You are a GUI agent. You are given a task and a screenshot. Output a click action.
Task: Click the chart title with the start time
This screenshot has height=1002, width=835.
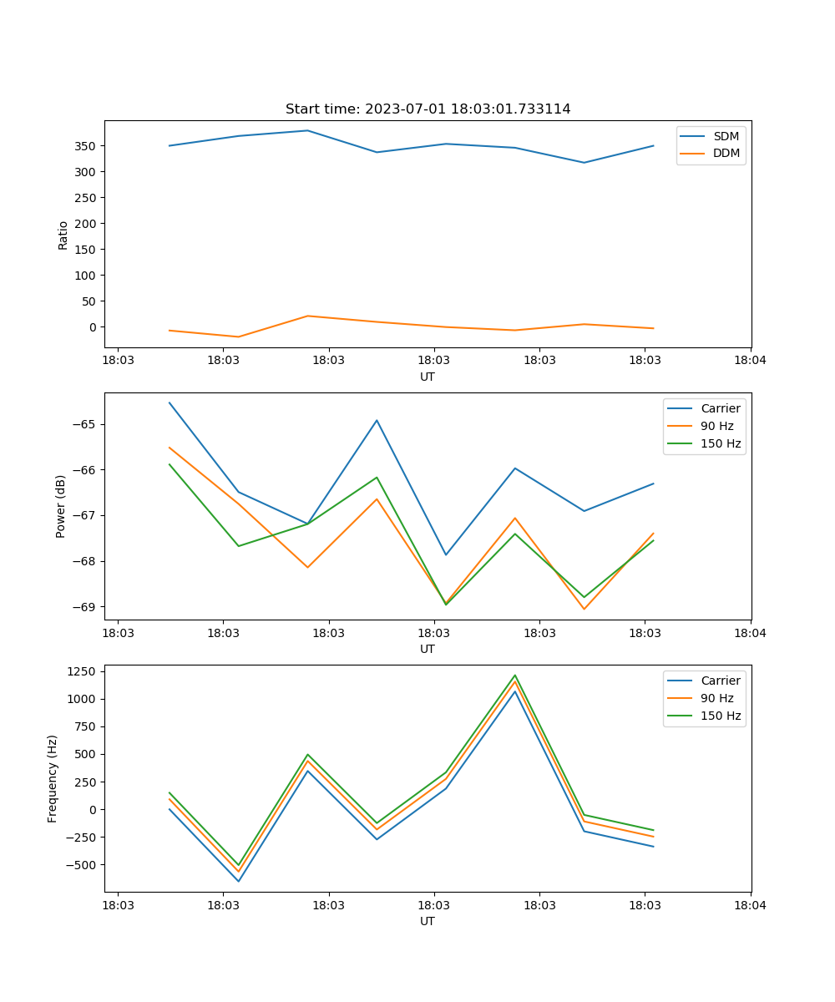coord(428,109)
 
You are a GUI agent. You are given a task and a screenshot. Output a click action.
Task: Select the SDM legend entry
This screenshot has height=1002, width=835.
coord(726,136)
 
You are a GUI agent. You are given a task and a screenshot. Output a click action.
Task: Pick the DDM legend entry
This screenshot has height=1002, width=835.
coord(726,154)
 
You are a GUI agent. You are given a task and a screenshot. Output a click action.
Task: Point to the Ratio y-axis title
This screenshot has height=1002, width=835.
coord(63,235)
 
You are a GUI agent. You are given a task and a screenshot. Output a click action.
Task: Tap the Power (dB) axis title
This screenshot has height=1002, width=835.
coord(61,506)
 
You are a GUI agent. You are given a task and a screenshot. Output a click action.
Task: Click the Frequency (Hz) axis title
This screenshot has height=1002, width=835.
coord(53,778)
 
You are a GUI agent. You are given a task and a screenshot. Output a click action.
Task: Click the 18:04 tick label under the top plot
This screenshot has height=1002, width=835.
coord(750,361)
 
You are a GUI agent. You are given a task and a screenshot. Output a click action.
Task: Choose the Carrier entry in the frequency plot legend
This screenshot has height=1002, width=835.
coord(720,681)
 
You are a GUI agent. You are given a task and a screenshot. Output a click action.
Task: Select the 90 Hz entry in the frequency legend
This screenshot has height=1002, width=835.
coord(716,698)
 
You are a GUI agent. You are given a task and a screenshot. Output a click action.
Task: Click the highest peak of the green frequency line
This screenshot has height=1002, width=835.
coord(514,676)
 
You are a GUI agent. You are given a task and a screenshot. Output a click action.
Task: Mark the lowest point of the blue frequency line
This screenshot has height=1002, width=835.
coord(239,881)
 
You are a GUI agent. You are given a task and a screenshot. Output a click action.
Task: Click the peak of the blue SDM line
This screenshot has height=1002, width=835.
coord(307,130)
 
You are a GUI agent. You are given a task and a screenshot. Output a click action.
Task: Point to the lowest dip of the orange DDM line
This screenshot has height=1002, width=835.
coord(239,337)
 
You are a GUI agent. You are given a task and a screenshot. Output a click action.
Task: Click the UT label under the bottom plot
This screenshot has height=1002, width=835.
coord(428,921)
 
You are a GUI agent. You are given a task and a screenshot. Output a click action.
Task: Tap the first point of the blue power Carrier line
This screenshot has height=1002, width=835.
coord(170,402)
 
